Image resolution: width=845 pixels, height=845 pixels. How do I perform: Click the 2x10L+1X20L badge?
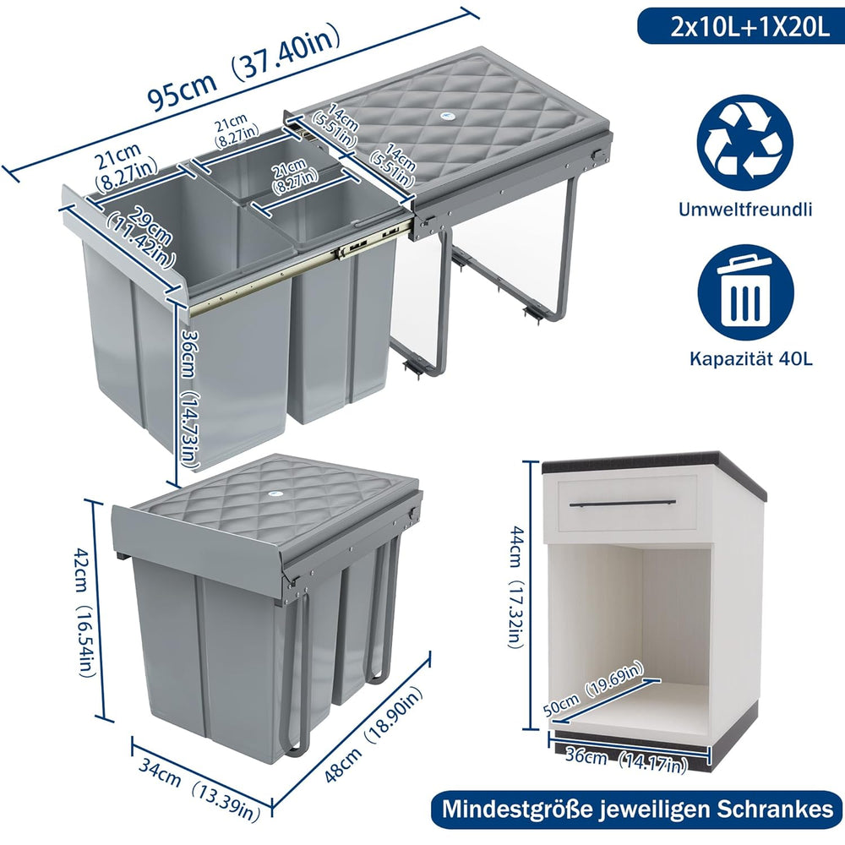point(741,27)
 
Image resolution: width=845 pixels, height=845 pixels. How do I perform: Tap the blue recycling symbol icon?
point(744,144)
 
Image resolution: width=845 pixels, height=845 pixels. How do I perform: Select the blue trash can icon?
point(746,294)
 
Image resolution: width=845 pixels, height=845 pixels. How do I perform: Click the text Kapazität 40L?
point(751,359)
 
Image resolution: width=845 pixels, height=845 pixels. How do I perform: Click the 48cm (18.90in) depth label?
point(373,736)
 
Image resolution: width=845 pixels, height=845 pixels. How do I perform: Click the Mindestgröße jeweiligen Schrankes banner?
point(637,809)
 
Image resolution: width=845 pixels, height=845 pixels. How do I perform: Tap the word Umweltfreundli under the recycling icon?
point(745,209)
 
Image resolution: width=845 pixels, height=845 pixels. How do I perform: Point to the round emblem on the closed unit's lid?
point(275,494)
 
